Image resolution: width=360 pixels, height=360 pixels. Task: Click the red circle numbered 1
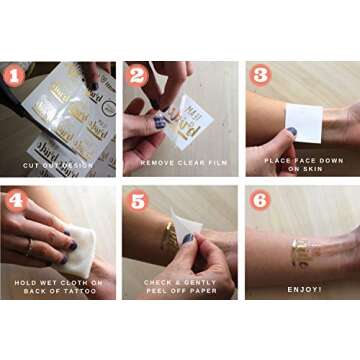pyautogui.click(x=16, y=75)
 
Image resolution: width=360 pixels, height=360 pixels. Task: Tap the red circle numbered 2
pyautogui.click(x=137, y=75)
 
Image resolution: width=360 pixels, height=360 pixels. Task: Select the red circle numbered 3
pyautogui.click(x=258, y=75)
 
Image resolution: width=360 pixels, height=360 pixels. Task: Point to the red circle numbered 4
pyautogui.click(x=16, y=198)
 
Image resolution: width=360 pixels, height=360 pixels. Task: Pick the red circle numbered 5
pyautogui.click(x=137, y=198)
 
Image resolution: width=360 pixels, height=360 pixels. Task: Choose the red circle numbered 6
pyautogui.click(x=258, y=198)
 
